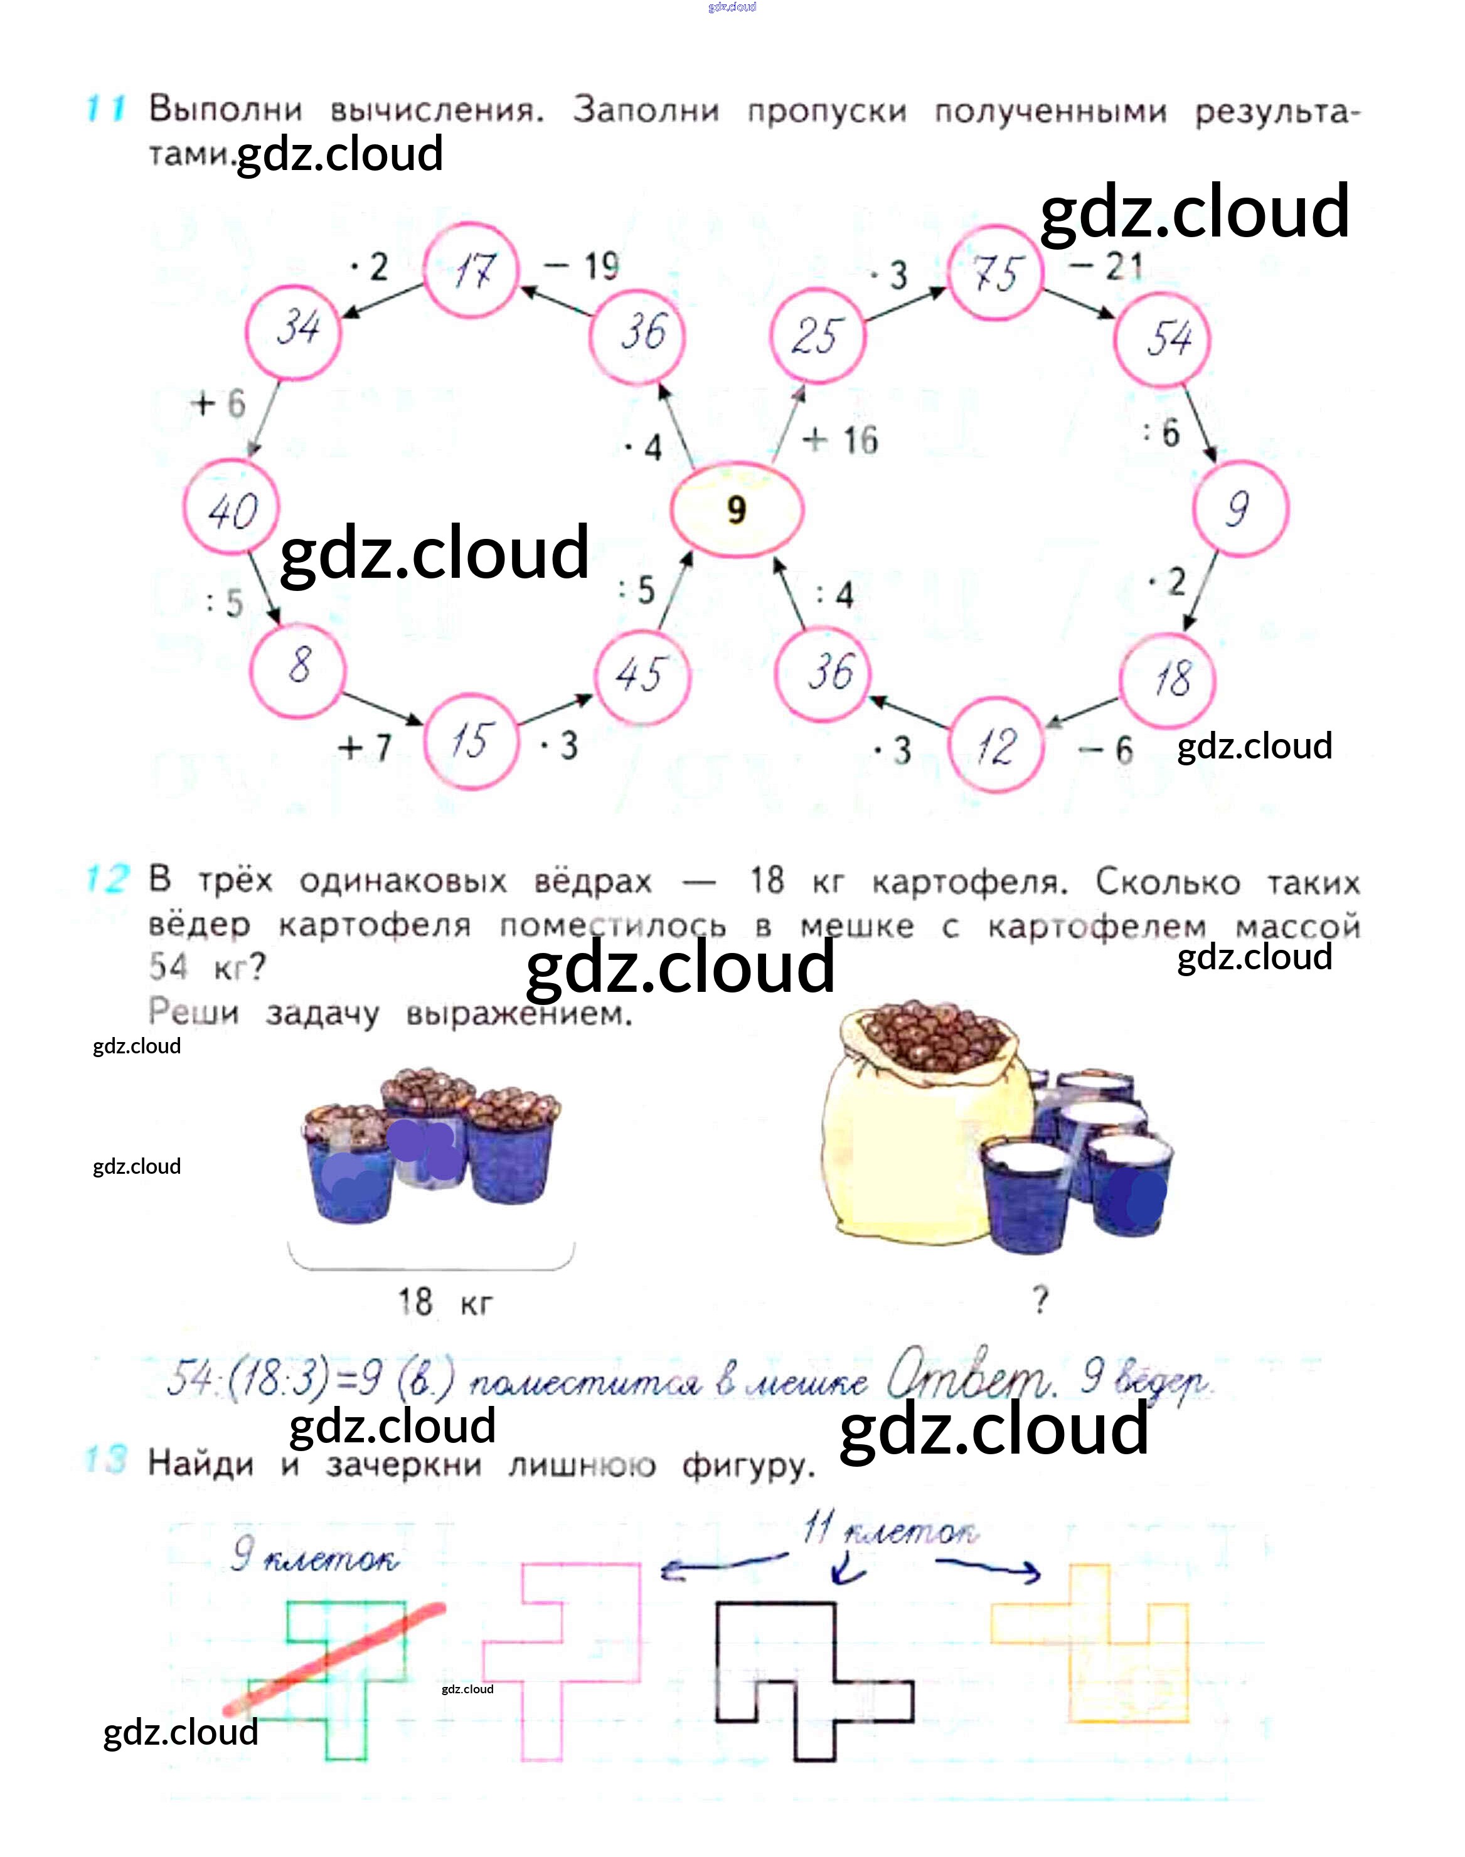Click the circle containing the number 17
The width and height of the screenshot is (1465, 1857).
[x=472, y=271]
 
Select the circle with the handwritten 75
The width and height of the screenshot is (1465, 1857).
[x=996, y=274]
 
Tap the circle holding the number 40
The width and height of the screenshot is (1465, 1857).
[x=232, y=509]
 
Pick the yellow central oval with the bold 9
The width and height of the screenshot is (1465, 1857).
[x=736, y=509]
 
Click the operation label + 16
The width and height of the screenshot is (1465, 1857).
[x=841, y=440]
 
